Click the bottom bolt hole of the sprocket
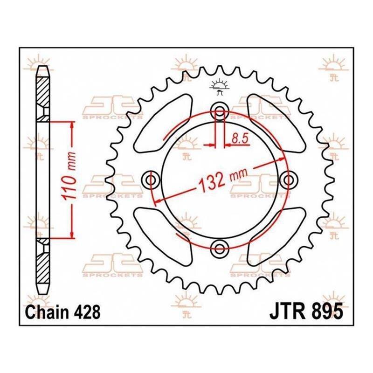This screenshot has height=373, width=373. [x=220, y=249]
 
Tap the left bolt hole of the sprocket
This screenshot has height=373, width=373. [x=151, y=180]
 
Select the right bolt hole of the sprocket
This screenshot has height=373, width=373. [x=289, y=180]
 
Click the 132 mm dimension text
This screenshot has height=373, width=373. [x=223, y=180]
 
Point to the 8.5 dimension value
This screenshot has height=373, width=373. [x=240, y=138]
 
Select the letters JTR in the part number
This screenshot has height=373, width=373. [x=287, y=311]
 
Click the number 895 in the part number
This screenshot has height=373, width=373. [x=328, y=311]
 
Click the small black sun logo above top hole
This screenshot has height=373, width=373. [x=219, y=86]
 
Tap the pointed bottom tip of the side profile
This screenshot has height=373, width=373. [x=43, y=294]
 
